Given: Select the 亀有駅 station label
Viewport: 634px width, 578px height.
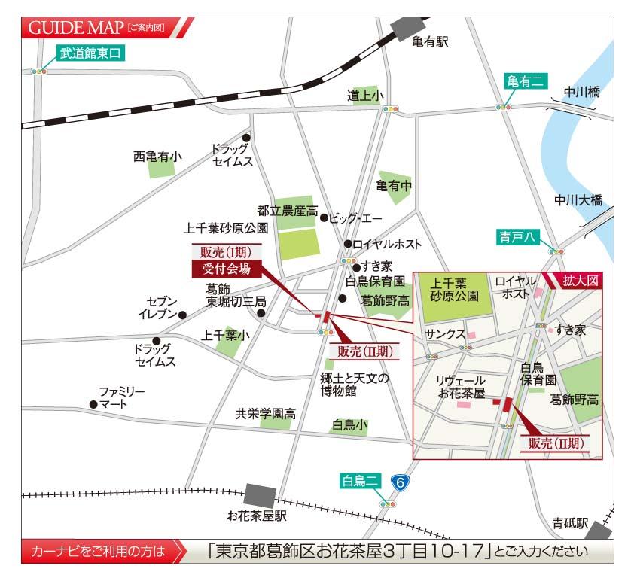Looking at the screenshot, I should tap(430, 42).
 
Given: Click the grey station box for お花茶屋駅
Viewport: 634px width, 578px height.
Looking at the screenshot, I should tap(260, 495).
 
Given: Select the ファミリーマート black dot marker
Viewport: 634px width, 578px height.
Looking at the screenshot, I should tap(93, 404).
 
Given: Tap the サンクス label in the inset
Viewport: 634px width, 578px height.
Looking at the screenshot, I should tap(444, 333).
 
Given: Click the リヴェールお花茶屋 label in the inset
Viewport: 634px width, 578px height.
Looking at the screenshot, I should tap(460, 387).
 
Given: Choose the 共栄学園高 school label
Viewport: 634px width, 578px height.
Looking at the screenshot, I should tap(265, 413).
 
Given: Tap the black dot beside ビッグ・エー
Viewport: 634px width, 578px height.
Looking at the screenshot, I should tap(324, 218).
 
